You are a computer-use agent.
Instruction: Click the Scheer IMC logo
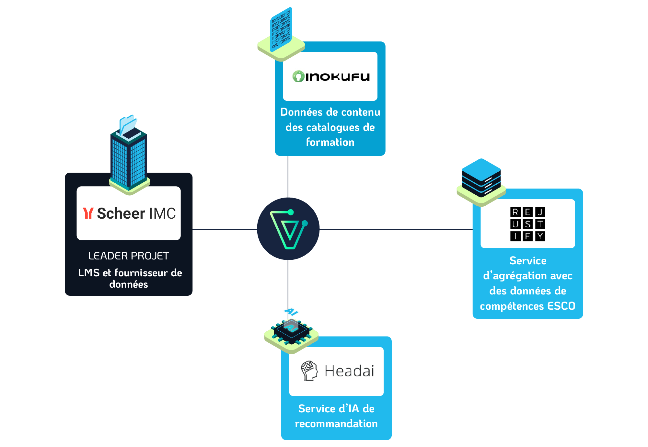[129, 213]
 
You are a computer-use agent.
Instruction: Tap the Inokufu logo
[331, 76]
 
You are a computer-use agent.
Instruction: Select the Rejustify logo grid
[528, 224]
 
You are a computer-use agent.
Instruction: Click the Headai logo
[337, 371]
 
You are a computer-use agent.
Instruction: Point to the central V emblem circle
[288, 229]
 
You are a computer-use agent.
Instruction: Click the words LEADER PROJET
[129, 256]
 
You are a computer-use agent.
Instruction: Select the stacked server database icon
[481, 181]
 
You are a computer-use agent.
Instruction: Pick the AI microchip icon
[291, 332]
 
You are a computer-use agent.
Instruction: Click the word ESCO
[561, 306]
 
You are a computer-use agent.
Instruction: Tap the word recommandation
[336, 424]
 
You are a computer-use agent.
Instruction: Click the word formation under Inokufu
[330, 142]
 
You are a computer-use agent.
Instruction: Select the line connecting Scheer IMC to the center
[225, 230]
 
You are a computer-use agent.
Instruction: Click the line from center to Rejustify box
[396, 230]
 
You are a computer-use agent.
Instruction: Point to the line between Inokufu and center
[288, 177]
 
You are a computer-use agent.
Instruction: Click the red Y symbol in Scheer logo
[88, 213]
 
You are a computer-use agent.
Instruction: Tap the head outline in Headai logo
[309, 371]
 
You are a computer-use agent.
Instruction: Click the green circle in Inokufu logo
[298, 76]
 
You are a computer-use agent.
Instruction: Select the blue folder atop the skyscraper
[128, 124]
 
